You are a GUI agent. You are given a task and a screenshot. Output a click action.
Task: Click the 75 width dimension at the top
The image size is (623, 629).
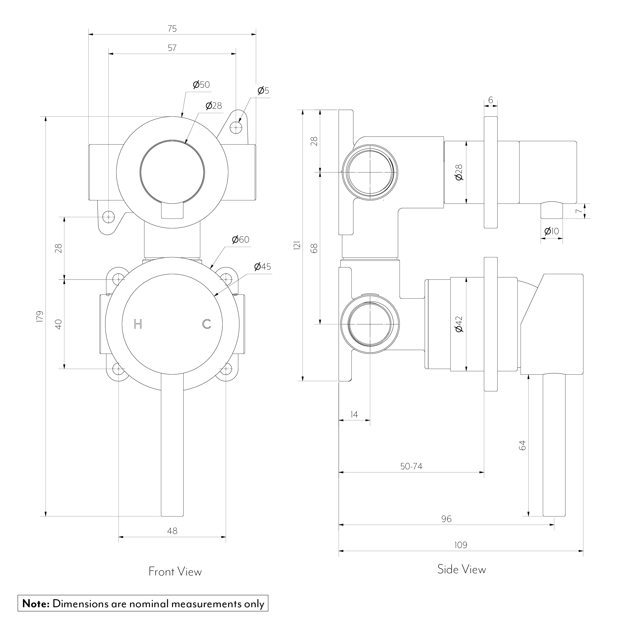pos(172,29)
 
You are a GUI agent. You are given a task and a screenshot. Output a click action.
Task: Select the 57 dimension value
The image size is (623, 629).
pos(172,48)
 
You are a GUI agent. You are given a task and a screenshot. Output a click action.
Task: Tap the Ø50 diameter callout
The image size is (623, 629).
pos(201,85)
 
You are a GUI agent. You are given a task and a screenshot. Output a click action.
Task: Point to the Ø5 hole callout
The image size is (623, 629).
pos(263,91)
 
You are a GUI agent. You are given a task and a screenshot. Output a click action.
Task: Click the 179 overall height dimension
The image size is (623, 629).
pos(40,317)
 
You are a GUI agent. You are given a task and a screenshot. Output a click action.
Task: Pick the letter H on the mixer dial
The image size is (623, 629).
pos(138,324)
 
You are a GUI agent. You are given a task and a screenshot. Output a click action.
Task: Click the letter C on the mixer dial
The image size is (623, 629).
pos(207,324)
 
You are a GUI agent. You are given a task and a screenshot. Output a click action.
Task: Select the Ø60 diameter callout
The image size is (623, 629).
pos(240,240)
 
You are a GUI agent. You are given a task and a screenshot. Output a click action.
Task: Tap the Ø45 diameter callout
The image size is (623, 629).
pos(263,267)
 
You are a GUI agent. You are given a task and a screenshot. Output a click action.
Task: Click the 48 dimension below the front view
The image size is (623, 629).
pos(172,531)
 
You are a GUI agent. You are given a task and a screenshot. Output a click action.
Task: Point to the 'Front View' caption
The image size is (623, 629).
pos(175,572)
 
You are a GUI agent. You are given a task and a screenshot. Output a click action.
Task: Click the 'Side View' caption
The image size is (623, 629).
pos(461,569)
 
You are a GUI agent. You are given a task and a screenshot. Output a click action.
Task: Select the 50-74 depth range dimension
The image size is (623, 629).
pos(411,467)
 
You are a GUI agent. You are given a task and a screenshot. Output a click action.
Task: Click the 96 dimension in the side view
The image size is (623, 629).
pos(446,519)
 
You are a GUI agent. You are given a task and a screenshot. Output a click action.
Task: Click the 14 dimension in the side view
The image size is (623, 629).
pos(354,414)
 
